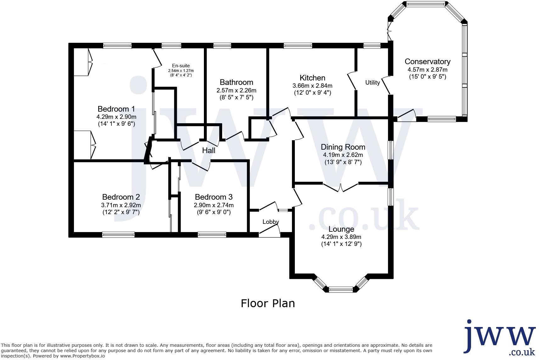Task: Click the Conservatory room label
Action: (427, 61)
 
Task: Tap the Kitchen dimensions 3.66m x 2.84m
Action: (312, 86)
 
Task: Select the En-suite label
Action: (181, 66)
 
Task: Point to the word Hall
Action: (209, 151)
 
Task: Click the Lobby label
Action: (271, 222)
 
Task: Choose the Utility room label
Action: (372, 82)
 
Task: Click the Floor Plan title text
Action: (268, 303)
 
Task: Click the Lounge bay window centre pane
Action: (341, 290)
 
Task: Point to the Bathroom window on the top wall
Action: (222, 46)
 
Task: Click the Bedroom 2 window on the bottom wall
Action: (118, 235)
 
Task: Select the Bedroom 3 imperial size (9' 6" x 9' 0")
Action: (214, 212)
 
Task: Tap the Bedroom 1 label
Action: (116, 109)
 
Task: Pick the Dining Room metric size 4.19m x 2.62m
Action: (343, 155)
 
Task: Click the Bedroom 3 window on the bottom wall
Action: (212, 235)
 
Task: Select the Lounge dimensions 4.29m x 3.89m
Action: (341, 237)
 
